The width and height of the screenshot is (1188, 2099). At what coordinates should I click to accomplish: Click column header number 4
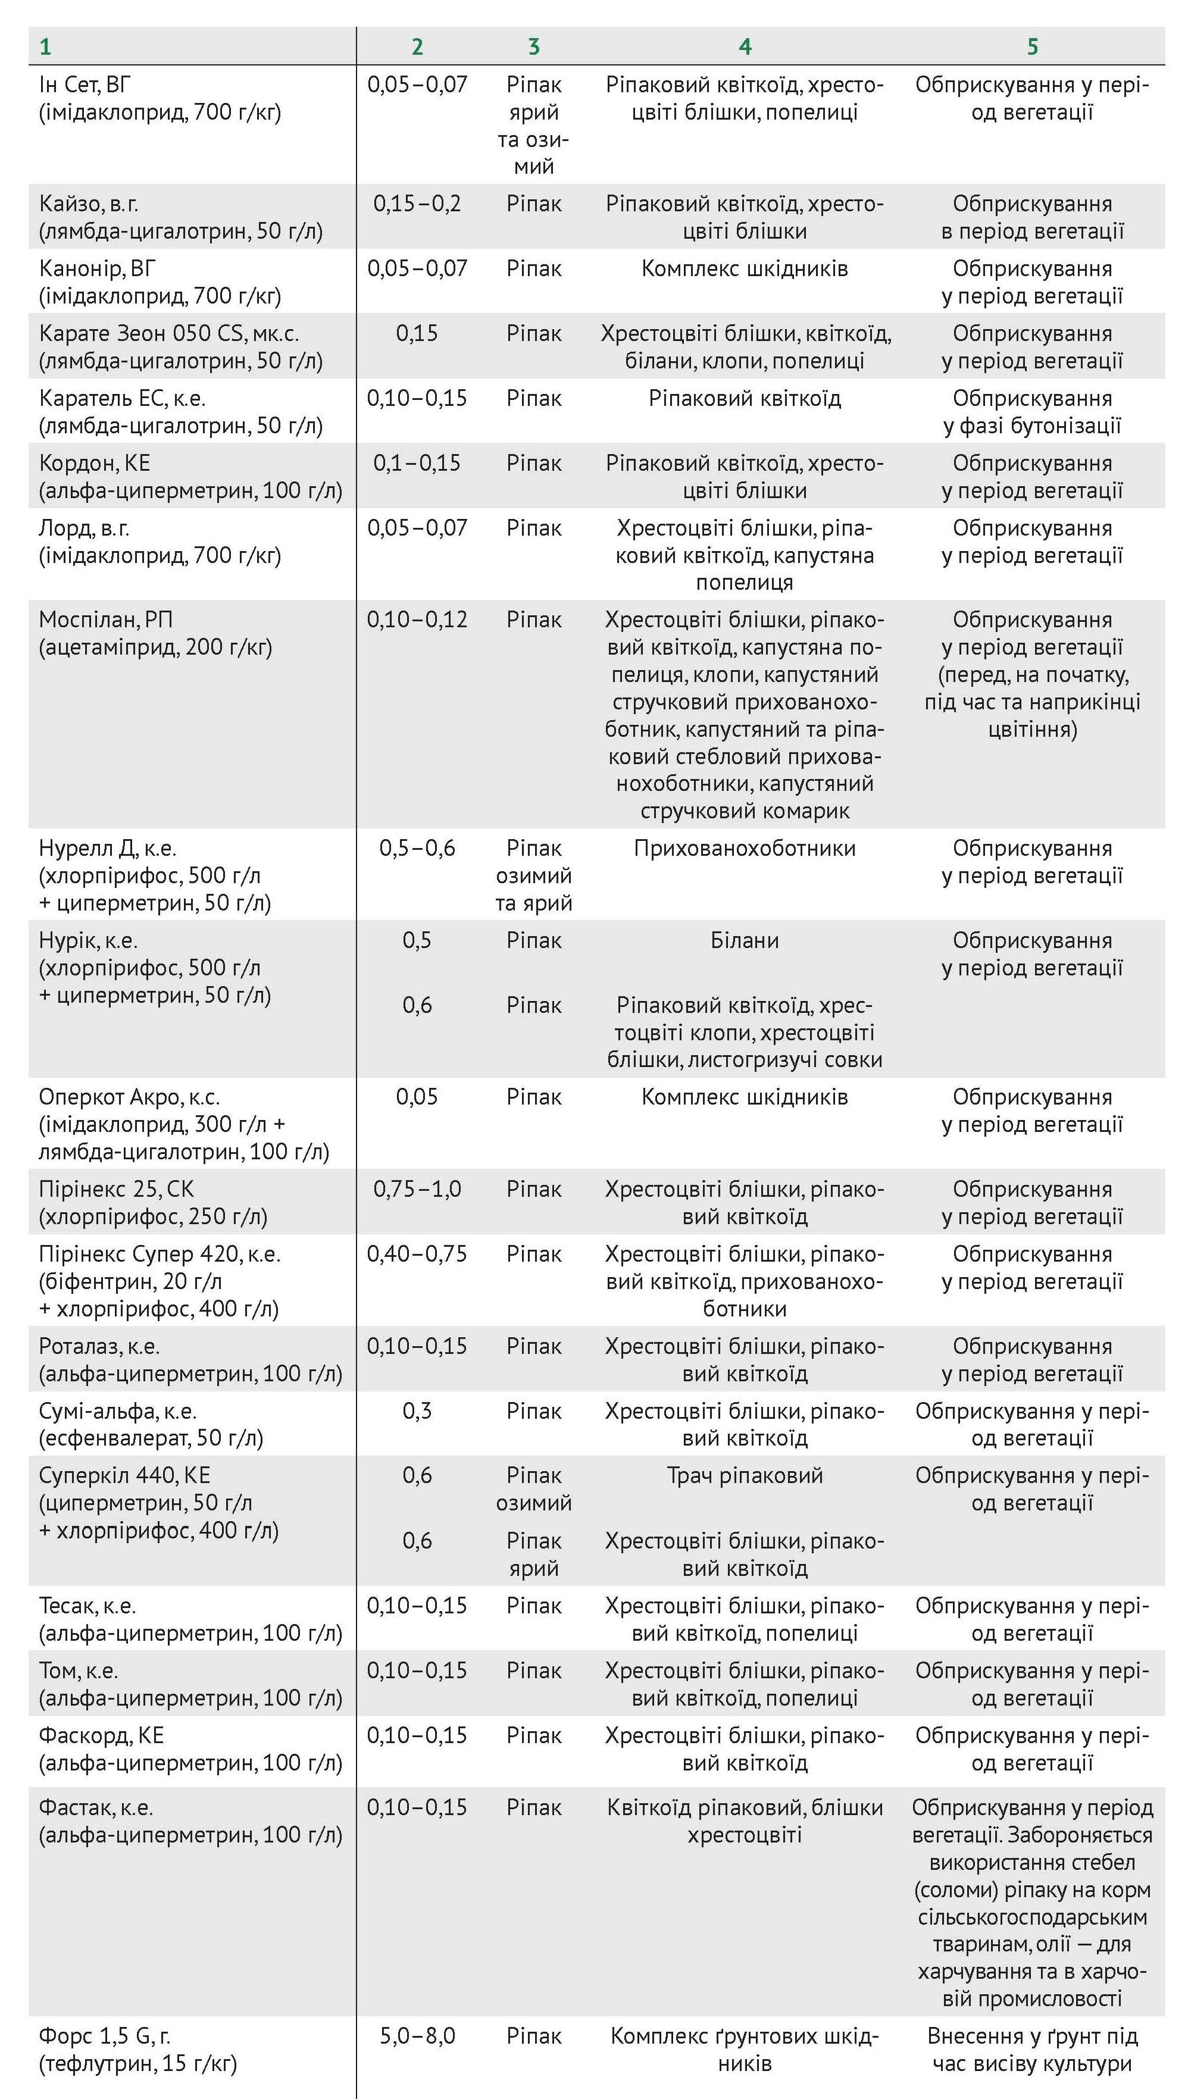click(744, 46)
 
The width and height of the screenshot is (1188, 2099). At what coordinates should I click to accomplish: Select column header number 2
click(417, 46)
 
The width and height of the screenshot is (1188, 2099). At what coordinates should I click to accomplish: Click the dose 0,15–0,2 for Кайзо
click(417, 204)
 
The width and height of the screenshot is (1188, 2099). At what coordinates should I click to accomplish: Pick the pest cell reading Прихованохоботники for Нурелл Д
click(744, 849)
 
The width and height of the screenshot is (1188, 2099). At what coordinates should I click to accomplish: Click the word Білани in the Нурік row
click(744, 941)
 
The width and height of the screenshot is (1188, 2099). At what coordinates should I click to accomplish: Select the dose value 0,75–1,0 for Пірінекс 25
click(417, 1190)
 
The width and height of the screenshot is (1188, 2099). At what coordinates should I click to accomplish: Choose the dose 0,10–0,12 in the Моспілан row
click(417, 620)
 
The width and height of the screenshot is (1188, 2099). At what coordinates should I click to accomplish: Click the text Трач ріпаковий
click(744, 1476)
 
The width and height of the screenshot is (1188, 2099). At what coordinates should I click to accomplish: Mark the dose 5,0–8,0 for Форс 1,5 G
click(417, 2036)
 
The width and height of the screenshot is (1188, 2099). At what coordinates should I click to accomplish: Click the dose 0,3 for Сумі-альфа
click(417, 1411)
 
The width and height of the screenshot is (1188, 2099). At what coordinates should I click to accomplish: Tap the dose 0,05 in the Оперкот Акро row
click(417, 1097)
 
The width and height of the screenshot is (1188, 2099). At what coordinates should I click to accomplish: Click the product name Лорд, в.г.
click(84, 528)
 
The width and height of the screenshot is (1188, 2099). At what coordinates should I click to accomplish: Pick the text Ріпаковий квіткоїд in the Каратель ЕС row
click(744, 399)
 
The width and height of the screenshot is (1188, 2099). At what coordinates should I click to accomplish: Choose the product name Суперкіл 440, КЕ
click(124, 1476)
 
